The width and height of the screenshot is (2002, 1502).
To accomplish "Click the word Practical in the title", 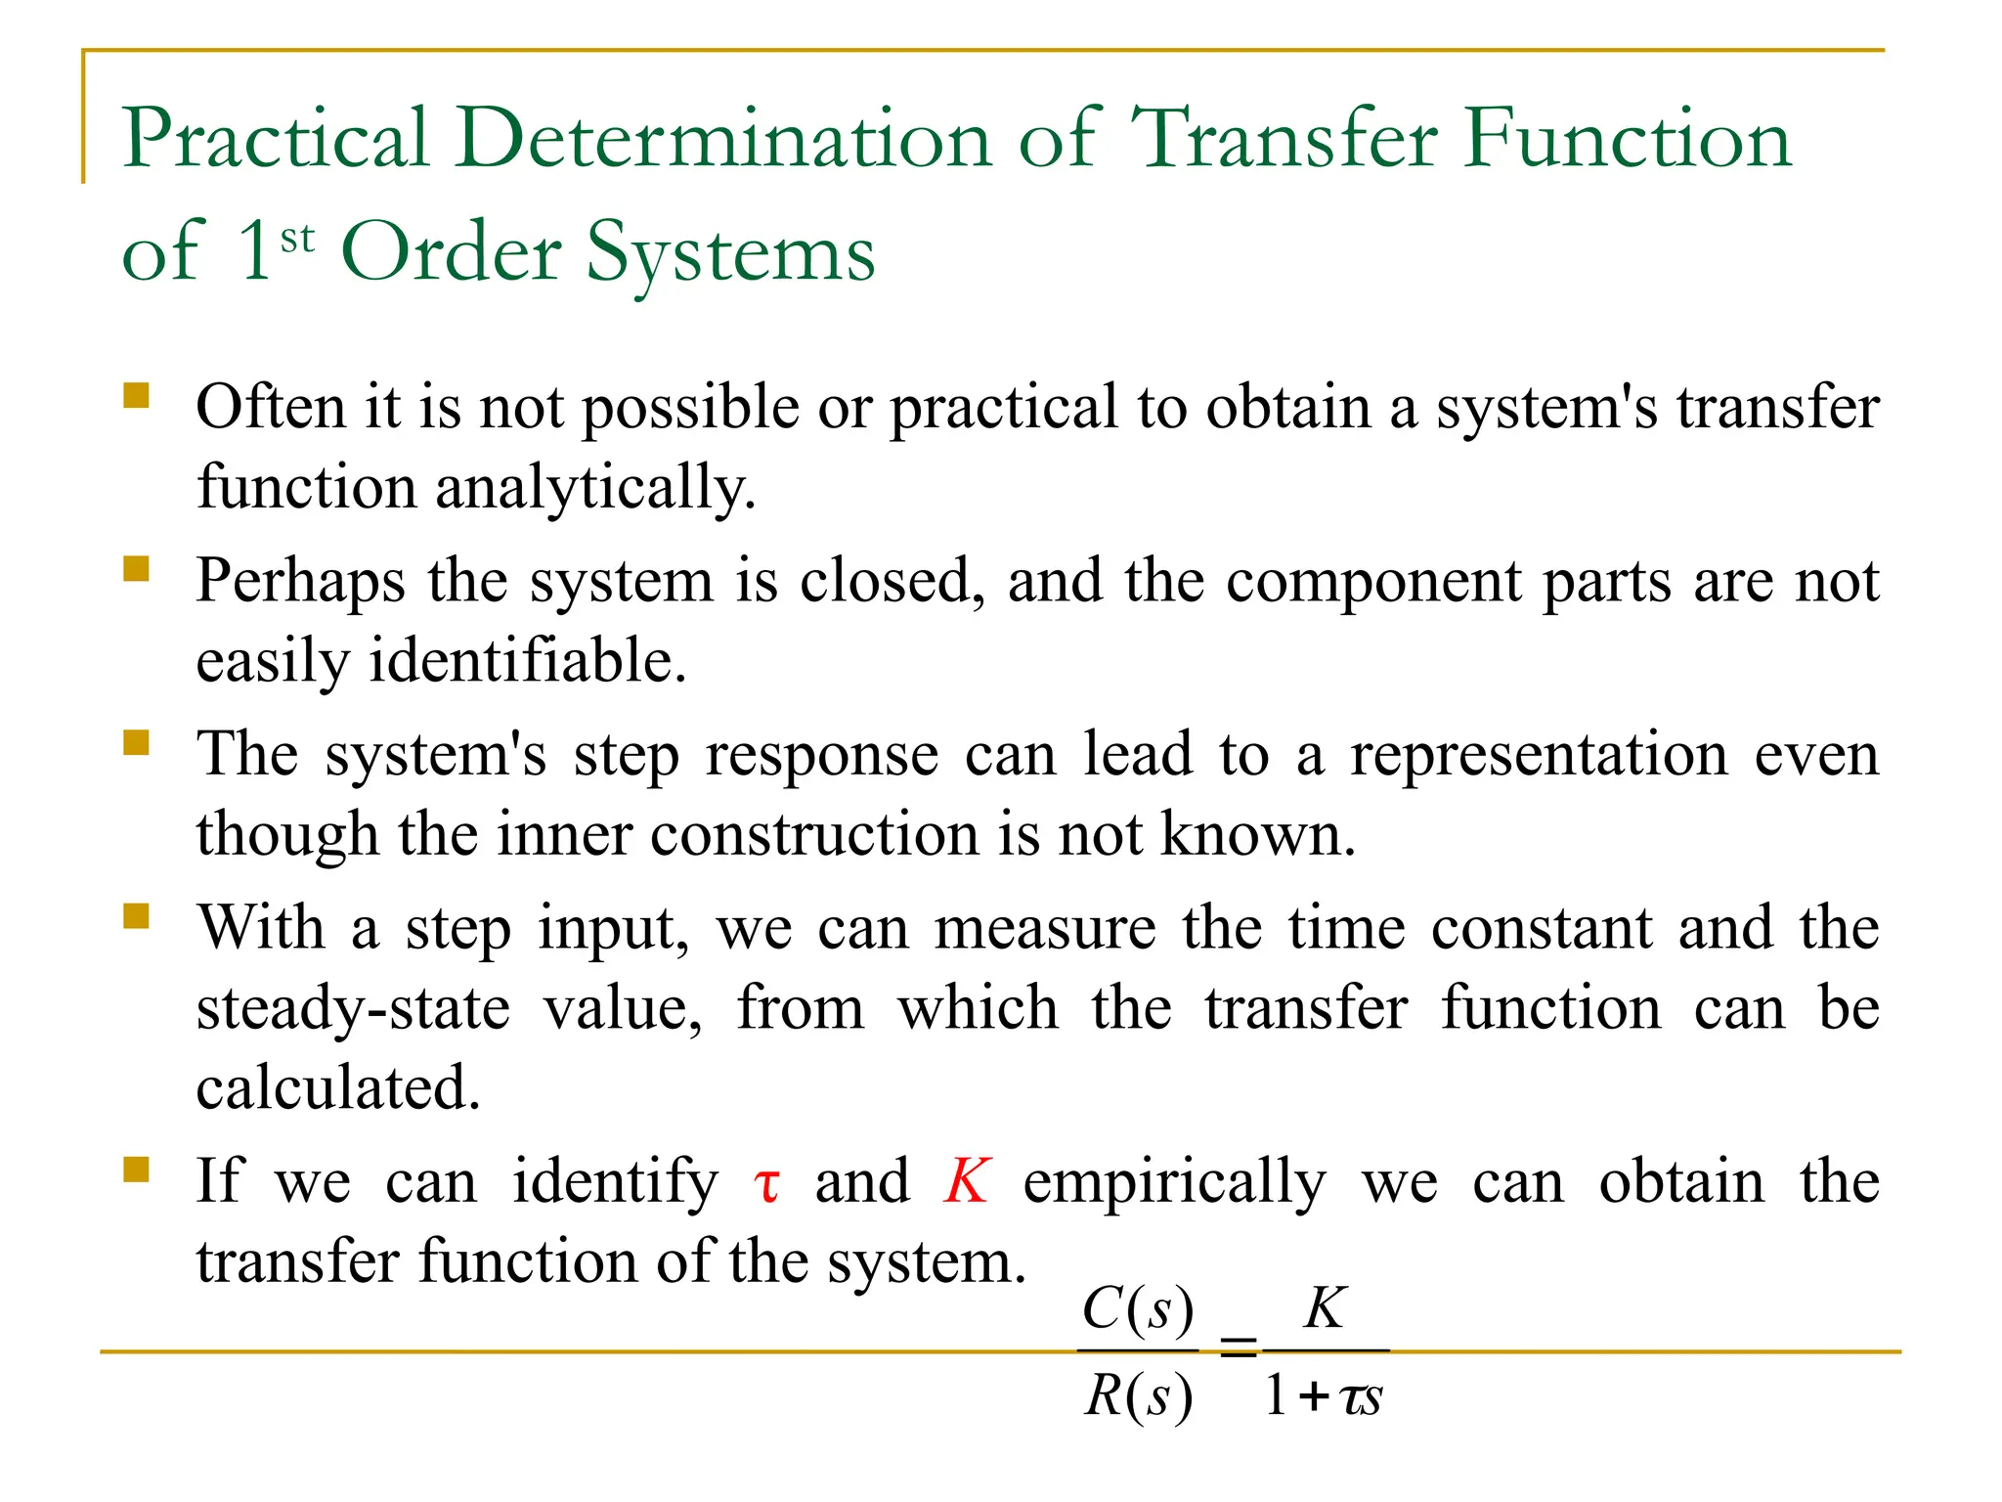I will (x=276, y=140).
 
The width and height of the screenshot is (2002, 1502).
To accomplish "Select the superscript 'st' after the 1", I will (x=297, y=239).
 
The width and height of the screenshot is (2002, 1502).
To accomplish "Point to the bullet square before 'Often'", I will (x=136, y=395).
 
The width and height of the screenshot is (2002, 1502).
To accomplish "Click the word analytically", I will (x=594, y=488).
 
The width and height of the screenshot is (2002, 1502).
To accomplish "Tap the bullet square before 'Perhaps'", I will (x=136, y=568).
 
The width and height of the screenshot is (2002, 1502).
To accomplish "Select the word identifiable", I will (x=527, y=661).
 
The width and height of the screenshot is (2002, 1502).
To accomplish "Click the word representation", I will (x=1539, y=755).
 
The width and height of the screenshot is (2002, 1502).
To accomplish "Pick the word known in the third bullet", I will (x=1257, y=835).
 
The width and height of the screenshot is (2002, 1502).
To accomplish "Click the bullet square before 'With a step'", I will (x=136, y=916).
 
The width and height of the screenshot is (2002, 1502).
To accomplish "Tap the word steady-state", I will (x=353, y=1009).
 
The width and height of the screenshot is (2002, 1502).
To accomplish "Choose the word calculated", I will (x=338, y=1088).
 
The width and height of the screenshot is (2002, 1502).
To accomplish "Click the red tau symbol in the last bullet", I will (x=767, y=1185).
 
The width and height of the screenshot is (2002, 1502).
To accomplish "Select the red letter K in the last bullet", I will (x=967, y=1181).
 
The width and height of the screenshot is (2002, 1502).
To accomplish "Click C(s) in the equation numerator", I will (x=1138, y=1308).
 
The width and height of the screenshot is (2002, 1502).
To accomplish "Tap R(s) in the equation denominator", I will (x=1138, y=1396).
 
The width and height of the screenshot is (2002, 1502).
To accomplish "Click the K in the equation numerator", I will (x=1325, y=1307).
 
